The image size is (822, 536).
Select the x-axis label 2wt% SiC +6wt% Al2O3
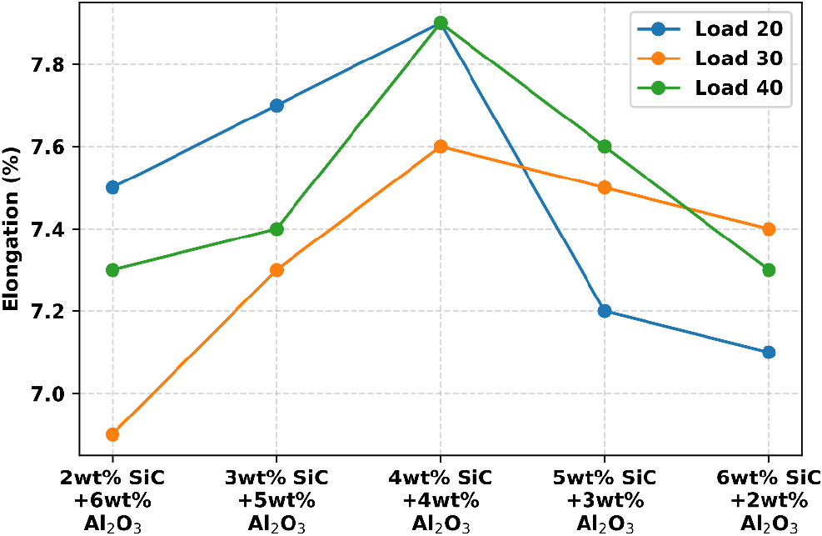click(x=112, y=501)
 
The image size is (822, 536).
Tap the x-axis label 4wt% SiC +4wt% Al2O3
click(x=441, y=501)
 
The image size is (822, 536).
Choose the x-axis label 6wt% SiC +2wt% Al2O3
click(x=768, y=501)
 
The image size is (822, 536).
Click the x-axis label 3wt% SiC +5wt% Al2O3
click(x=276, y=501)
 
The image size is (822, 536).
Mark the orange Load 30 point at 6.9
click(x=112, y=434)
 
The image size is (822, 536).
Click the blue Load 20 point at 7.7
click(x=276, y=106)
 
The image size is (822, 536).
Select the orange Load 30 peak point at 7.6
click(x=441, y=147)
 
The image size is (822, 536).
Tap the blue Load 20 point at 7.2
click(x=605, y=311)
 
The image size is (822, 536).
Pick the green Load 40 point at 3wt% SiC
click(x=276, y=229)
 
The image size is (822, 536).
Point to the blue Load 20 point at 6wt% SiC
click(x=769, y=352)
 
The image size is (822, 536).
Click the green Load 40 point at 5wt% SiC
click(x=605, y=147)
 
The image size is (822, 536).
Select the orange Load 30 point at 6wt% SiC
click(x=769, y=229)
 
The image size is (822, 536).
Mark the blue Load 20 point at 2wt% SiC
click(x=112, y=187)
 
